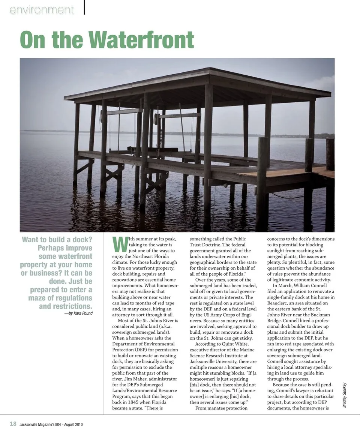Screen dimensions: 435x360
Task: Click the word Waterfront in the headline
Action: (x=142, y=40)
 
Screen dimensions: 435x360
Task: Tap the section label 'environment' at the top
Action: (x=42, y=10)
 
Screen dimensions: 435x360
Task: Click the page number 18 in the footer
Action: (x=13, y=424)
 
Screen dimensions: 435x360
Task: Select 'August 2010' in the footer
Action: (x=73, y=424)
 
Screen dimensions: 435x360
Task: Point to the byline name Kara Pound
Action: (x=83, y=313)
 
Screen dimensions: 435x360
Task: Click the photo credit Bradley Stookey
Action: (x=345, y=395)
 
